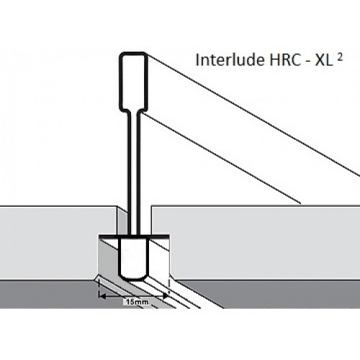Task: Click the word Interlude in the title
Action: pos(230,60)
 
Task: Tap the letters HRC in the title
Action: pos(284,60)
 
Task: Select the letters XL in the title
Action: pos(324,60)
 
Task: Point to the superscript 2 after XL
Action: pos(339,58)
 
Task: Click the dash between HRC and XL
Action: pos(307,61)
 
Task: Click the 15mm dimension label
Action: pos(137,302)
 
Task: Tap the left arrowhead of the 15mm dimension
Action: pos(102,296)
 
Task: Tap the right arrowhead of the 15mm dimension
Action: pos(166,296)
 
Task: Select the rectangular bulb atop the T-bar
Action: pos(133,81)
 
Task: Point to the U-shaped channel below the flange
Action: pos(133,259)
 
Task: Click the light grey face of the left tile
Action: pos(55,243)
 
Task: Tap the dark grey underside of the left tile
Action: pos(48,294)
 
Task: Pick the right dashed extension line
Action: pos(169,288)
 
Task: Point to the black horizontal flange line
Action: pos(133,237)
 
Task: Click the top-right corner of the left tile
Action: pos(117,206)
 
